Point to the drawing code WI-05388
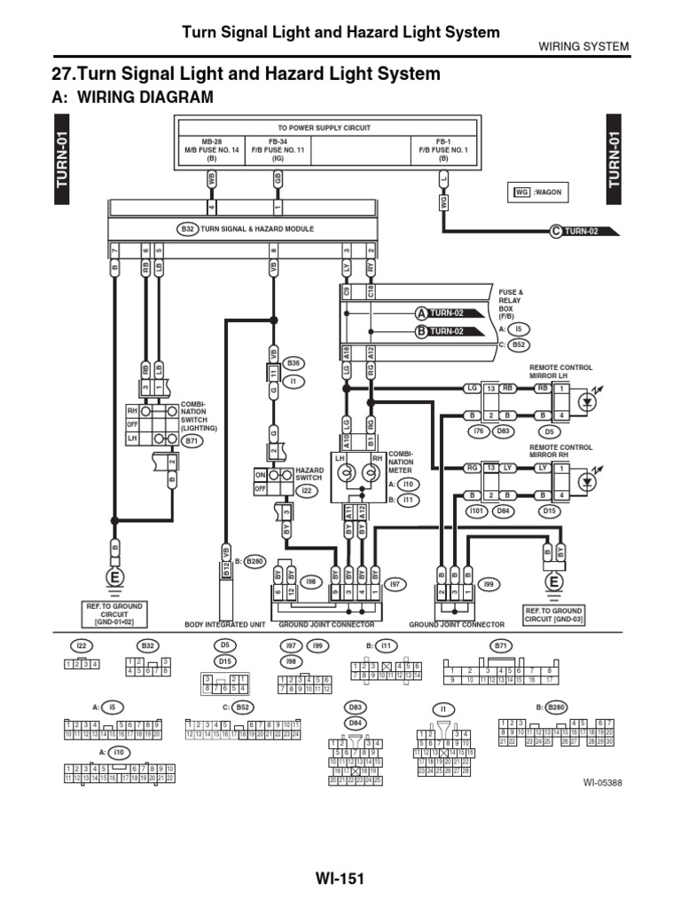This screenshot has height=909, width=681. point(605,783)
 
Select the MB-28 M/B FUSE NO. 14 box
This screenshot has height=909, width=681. point(211,151)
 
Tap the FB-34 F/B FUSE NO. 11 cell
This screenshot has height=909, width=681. point(278,151)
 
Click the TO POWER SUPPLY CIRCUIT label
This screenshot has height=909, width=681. point(325,128)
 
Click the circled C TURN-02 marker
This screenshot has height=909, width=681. point(585,232)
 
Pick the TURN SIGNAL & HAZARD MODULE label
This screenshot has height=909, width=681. point(257,229)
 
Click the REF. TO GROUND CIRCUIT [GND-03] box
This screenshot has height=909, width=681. point(553,615)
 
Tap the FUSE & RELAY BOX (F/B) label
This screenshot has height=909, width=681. point(512,303)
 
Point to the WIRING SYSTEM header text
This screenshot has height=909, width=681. point(584,46)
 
